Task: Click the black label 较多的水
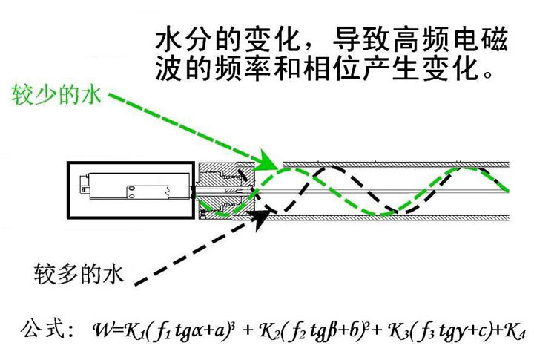click(x=78, y=272)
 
